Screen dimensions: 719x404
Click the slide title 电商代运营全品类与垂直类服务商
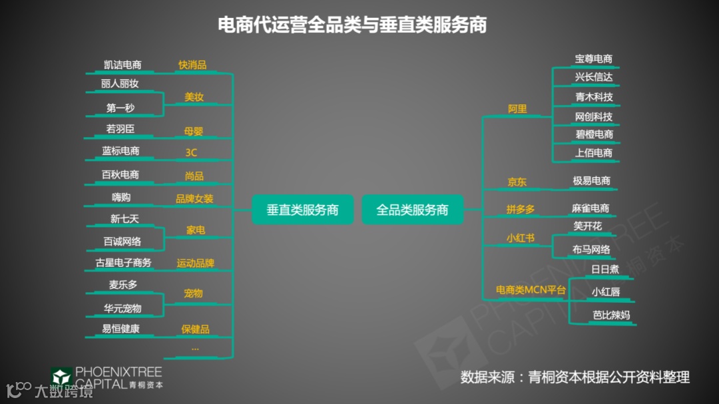[353, 25]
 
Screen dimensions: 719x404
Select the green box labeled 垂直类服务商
[302, 210]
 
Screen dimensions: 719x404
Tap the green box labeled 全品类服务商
[412, 210]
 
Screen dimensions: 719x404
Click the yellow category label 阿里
[517, 108]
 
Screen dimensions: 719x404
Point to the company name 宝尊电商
[593, 59]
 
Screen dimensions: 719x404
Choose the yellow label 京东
[517, 182]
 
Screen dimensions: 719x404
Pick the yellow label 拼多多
[520, 209]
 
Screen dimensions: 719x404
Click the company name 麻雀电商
[590, 208]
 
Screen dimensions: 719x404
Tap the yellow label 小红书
[520, 238]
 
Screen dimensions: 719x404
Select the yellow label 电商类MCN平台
[531, 290]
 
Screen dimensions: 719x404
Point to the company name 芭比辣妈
[610, 315]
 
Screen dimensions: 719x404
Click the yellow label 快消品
[192, 65]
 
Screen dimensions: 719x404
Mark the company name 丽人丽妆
[120, 84]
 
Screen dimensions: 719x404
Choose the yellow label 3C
[191, 152]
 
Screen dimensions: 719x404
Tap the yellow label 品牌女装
[194, 198]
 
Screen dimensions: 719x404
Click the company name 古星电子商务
[123, 262]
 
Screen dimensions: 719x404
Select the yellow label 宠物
[193, 293]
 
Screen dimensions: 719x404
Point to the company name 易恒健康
[120, 329]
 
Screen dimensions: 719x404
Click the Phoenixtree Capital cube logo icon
[61, 377]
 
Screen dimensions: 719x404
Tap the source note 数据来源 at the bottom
[575, 377]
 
